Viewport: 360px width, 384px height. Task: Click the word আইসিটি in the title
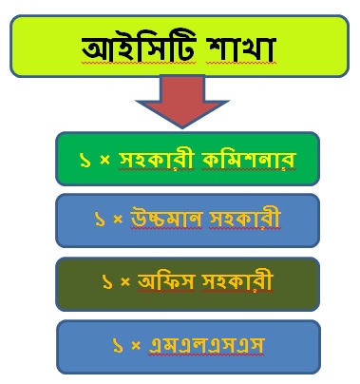pyautogui.click(x=139, y=48)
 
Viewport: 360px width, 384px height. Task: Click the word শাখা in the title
pyautogui.click(x=241, y=49)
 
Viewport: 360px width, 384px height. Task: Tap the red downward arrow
pyautogui.click(x=182, y=102)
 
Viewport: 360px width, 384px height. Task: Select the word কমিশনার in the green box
pyautogui.click(x=249, y=160)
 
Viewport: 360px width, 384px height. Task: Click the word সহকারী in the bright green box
pyautogui.click(x=156, y=160)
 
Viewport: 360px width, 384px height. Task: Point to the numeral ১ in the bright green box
pyautogui.click(x=85, y=161)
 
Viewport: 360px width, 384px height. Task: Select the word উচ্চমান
pyautogui.click(x=166, y=219)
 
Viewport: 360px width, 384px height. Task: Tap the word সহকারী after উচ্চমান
pyautogui.click(x=245, y=219)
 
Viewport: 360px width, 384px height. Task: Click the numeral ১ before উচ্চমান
pyautogui.click(x=100, y=219)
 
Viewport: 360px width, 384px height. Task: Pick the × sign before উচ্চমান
pyautogui.click(x=118, y=219)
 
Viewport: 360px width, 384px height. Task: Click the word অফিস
pyautogui.click(x=165, y=281)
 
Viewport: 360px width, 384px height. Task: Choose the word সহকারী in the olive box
pyautogui.click(x=237, y=281)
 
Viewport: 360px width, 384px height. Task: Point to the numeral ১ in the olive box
pyautogui.click(x=107, y=282)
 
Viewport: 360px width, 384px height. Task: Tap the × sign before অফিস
pyautogui.click(x=125, y=281)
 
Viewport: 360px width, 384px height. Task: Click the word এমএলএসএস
pyautogui.click(x=206, y=345)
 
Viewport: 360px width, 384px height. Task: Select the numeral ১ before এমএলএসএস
pyautogui.click(x=118, y=346)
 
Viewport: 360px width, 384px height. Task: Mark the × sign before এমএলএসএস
pyautogui.click(x=136, y=346)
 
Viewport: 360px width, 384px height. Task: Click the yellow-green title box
pyautogui.click(x=180, y=46)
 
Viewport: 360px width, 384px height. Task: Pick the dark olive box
pyautogui.click(x=187, y=284)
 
